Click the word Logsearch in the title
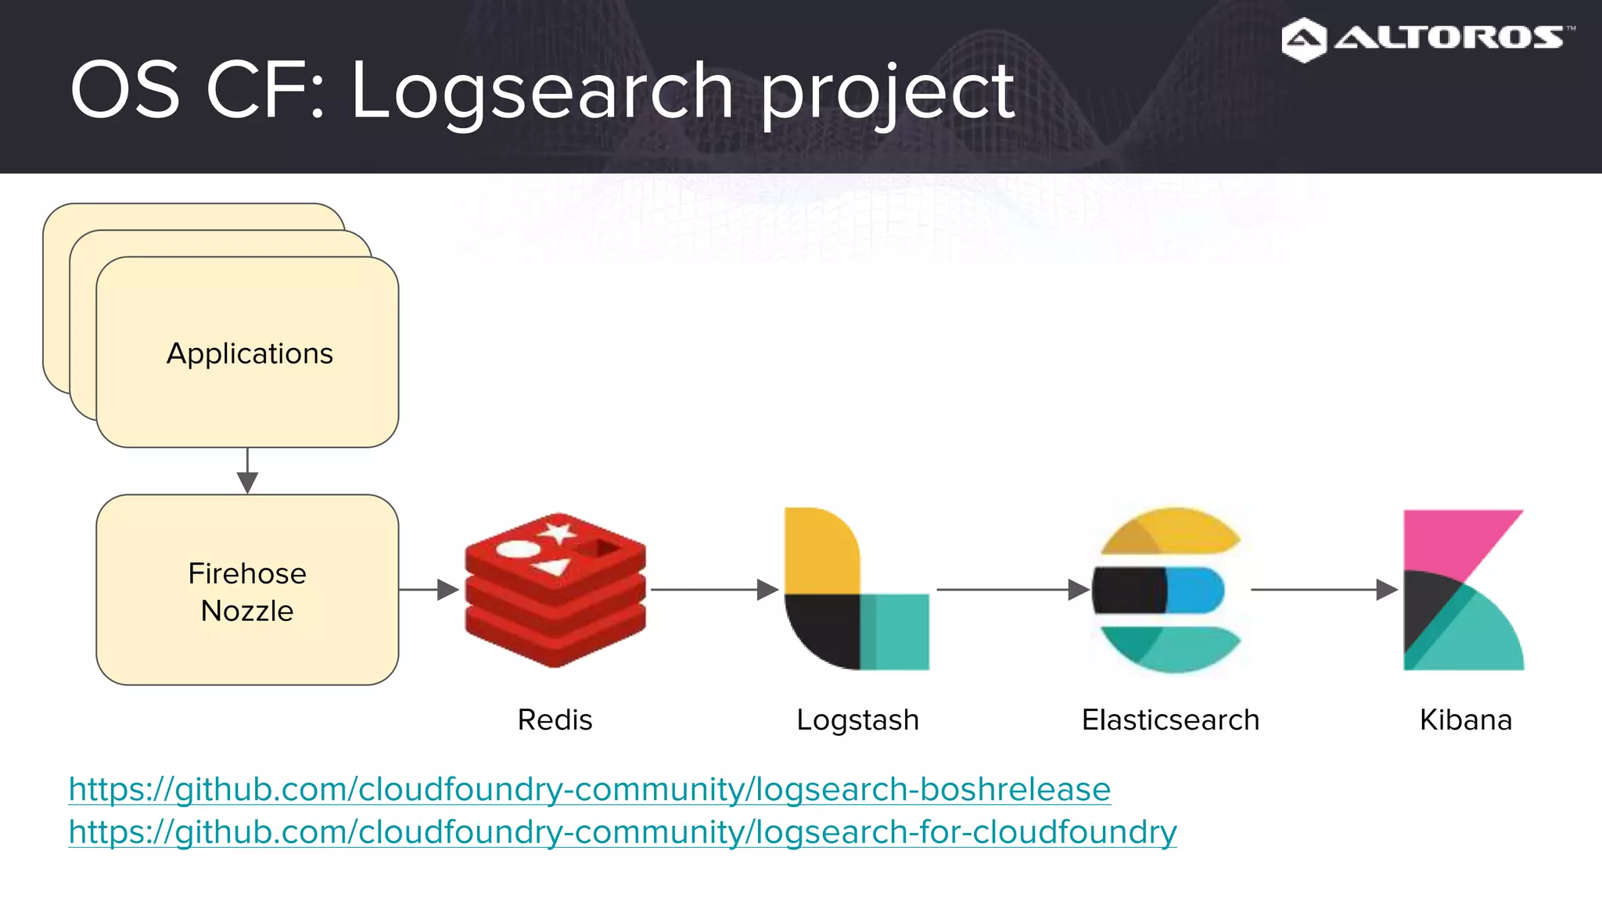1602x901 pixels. click(541, 92)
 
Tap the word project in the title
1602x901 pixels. click(887, 92)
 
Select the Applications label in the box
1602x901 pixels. click(250, 354)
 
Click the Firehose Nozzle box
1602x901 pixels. click(247, 590)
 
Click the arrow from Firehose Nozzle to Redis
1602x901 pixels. click(429, 590)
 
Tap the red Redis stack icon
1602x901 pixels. click(555, 590)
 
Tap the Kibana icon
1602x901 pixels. click(1463, 590)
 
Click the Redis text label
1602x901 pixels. click(555, 720)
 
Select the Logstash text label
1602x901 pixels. click(857, 720)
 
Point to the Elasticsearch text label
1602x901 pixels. click(1170, 720)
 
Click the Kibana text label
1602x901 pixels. click(1465, 720)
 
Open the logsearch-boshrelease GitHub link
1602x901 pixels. click(590, 789)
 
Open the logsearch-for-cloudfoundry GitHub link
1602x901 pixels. click(623, 831)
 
